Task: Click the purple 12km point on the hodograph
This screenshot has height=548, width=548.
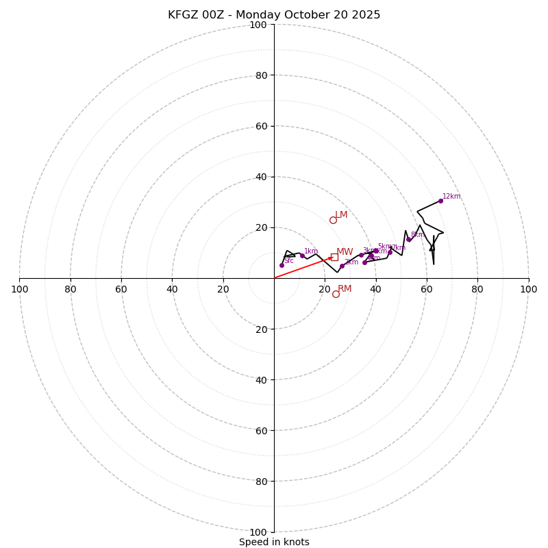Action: tap(440, 201)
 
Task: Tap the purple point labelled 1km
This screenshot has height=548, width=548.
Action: tap(302, 256)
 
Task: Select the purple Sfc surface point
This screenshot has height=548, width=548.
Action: tap(282, 265)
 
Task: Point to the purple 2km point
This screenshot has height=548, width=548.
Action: tap(342, 266)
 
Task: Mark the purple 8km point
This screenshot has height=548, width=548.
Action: tap(408, 239)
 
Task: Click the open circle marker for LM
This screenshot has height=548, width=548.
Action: tap(333, 220)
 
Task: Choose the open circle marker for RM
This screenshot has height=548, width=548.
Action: tap(336, 294)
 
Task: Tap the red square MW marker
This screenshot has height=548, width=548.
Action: tap(334, 257)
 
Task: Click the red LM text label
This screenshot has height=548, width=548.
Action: tap(341, 215)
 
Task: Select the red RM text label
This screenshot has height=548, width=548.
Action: tap(345, 289)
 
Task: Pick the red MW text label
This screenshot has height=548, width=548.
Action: tap(345, 252)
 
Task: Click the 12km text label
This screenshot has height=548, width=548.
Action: tap(451, 197)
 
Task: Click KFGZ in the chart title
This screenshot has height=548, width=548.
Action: tap(183, 15)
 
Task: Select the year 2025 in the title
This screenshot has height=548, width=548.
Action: tap(366, 15)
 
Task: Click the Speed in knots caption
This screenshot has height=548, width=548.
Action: tap(274, 543)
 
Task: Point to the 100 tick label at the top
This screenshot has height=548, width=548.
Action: tap(258, 25)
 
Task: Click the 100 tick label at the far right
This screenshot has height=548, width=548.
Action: tap(528, 289)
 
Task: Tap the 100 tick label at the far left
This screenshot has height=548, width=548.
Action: tap(20, 289)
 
